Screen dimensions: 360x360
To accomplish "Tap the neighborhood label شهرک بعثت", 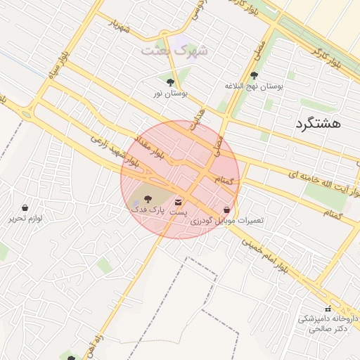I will point(175,51).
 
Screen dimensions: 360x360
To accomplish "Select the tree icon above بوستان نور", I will point(170,82).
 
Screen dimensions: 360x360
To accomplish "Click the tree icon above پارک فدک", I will point(148,199).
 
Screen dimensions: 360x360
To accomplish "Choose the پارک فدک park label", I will point(148,210).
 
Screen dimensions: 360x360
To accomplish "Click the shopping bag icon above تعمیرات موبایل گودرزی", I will point(226,210).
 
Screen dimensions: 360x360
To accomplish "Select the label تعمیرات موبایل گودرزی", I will point(227,220).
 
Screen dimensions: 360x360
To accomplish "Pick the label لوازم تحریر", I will point(26,218).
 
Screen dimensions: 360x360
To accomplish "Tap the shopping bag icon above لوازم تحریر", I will point(26,208).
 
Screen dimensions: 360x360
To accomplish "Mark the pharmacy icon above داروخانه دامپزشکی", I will point(327,309).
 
